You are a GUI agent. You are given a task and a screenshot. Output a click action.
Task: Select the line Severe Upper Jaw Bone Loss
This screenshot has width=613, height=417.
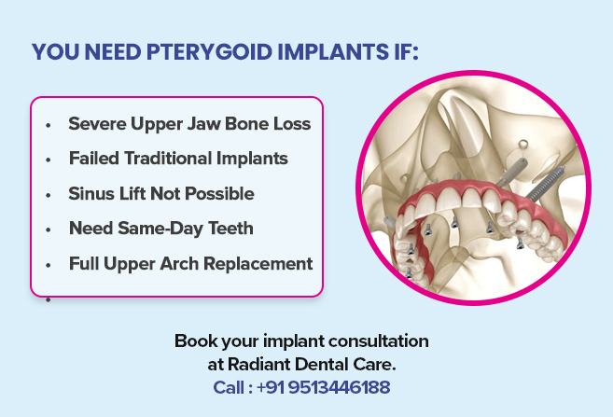tap(189, 123)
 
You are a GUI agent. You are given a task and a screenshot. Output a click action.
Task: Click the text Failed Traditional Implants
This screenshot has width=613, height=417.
tap(178, 159)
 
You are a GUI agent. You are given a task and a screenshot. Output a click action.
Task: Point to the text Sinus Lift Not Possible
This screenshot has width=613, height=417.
tap(161, 193)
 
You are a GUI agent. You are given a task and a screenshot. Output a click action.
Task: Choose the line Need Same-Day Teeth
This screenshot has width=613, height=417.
tap(160, 228)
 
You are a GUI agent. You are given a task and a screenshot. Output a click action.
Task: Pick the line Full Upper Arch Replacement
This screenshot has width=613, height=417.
tap(190, 263)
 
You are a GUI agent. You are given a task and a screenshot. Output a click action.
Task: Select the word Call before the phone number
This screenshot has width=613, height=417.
tap(230, 386)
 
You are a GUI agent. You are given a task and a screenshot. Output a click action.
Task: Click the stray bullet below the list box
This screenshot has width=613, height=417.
tap(47, 299)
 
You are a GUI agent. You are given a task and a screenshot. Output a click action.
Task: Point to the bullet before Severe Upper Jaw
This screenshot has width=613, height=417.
tap(47, 124)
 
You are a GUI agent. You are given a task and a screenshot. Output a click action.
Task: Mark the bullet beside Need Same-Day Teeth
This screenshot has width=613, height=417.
tap(47, 229)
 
